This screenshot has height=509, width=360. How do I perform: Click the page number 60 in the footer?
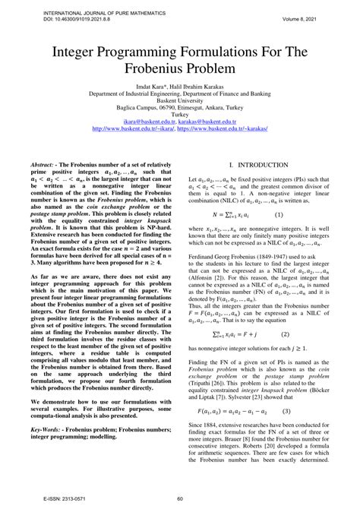coord(179,499)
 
